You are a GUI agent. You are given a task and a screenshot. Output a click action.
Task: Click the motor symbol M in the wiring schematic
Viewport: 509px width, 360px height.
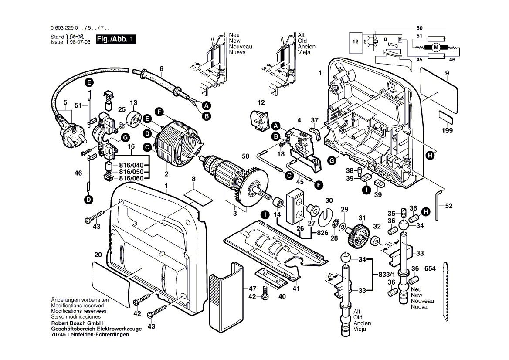pos(436,47)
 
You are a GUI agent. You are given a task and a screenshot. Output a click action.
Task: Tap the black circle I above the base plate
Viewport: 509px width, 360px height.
pos(264,214)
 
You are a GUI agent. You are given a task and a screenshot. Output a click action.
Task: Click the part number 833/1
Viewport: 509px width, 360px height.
pos(386,275)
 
